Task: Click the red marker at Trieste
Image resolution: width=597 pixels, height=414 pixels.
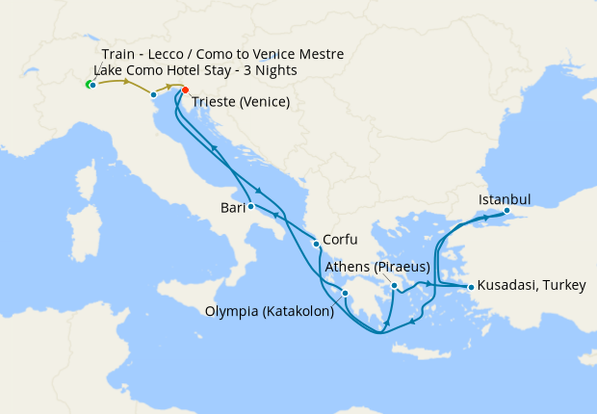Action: (185, 91)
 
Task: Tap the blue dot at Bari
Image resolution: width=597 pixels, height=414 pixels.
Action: (250, 206)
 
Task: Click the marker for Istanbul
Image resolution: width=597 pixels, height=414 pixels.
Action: (507, 211)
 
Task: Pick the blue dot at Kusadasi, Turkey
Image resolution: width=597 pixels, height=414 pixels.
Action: (471, 287)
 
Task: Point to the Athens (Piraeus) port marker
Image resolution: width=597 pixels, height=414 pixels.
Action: (395, 286)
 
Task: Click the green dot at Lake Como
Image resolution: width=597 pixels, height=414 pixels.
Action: (89, 86)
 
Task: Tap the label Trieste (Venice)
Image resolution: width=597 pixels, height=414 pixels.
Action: (241, 101)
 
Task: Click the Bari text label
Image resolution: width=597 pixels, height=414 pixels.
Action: (231, 207)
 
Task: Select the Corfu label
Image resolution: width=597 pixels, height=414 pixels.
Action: (341, 240)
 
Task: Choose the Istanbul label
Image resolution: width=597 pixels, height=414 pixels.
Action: (505, 199)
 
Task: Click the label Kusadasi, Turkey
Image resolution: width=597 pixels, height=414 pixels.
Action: (532, 286)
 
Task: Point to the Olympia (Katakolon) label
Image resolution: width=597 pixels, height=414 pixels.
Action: (270, 311)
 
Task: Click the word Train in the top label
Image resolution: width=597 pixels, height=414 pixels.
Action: (119, 54)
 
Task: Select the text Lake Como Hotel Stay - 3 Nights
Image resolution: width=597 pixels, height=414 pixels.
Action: (195, 71)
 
